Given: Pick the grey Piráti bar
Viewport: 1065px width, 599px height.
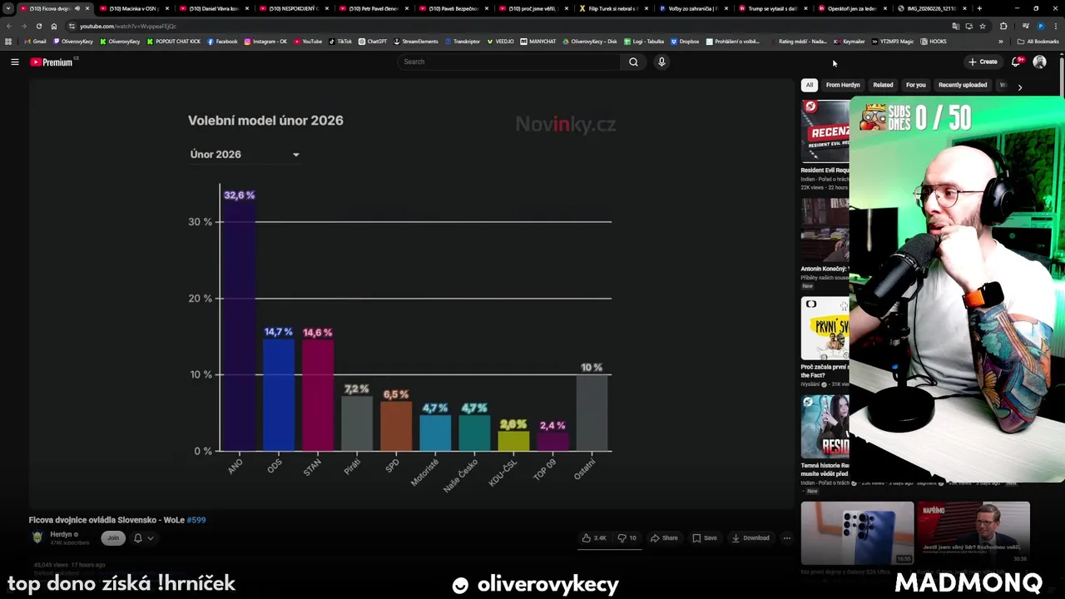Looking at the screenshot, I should [356, 423].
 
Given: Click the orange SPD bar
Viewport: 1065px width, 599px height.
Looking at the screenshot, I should [396, 426].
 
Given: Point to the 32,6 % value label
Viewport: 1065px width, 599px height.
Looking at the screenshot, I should [239, 196].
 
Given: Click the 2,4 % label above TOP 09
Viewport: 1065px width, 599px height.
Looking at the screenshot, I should [552, 425].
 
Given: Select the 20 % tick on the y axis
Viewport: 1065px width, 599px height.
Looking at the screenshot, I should [200, 299].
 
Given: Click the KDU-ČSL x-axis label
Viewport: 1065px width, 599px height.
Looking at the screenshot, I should [502, 473].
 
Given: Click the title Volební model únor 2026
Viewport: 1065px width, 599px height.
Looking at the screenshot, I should [265, 121].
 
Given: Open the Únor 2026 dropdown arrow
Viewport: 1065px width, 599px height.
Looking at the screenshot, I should [295, 155].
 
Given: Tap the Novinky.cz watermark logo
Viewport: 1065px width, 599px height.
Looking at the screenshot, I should [565, 125].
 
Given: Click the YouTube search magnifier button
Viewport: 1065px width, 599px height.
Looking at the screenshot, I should [633, 62].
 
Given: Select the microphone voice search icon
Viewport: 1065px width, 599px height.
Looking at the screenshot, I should [661, 62].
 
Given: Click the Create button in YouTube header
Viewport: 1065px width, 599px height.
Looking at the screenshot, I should [983, 62].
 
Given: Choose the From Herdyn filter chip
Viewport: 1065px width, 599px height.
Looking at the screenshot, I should [843, 85].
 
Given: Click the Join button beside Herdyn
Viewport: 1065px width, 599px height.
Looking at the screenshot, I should [113, 537].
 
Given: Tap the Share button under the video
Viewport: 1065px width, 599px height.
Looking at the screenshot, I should [664, 538].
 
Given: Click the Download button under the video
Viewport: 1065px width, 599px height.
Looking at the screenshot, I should [750, 538].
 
